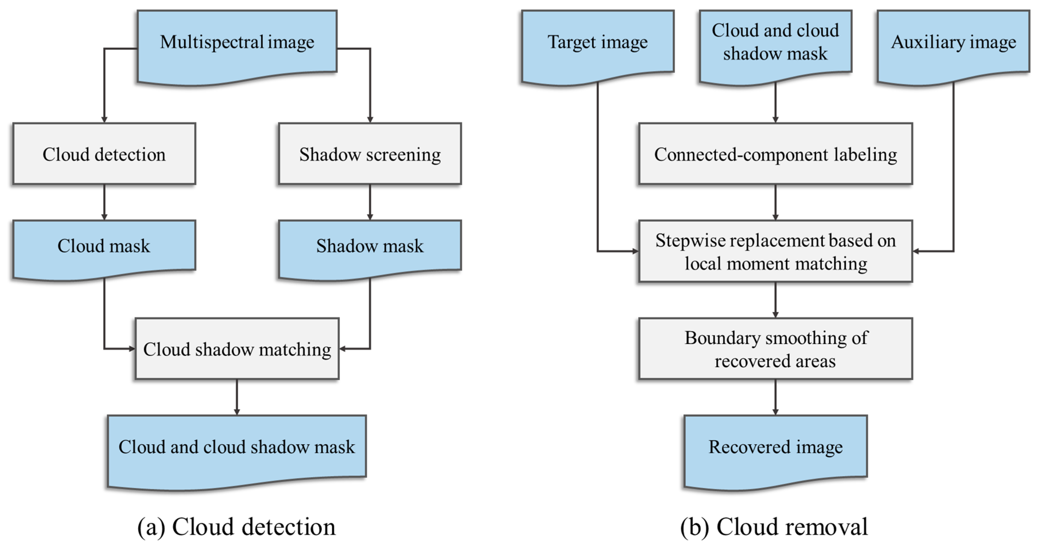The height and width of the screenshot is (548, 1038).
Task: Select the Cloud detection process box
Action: click(104, 154)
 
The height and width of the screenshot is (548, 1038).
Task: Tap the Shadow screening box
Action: click(370, 154)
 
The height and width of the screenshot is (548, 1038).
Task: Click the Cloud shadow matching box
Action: click(237, 349)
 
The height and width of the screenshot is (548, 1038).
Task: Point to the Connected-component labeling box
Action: click(775, 154)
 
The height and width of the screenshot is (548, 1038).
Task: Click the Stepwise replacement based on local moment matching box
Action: click(775, 251)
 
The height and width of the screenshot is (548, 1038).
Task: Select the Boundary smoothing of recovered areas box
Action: click(775, 349)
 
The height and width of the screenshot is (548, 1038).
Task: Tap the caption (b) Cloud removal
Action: click(774, 527)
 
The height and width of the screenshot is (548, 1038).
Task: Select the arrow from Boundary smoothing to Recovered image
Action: click(775, 397)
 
